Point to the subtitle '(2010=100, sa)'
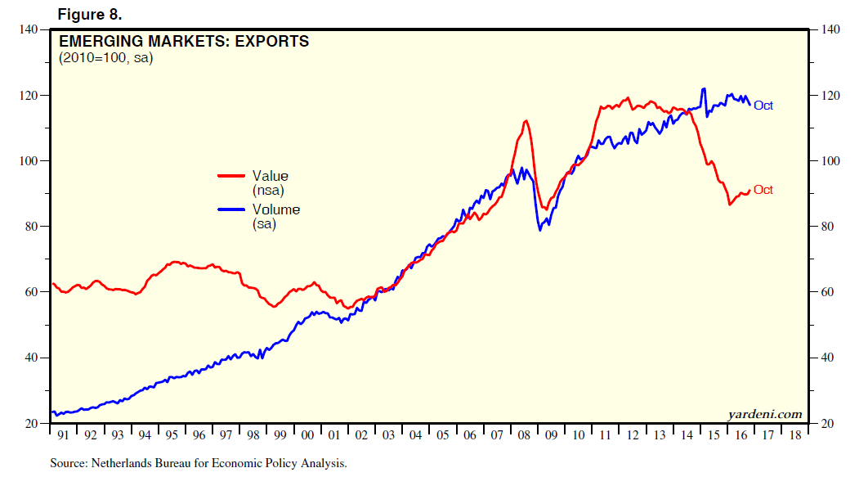pos(105,57)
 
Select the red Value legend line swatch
pos(231,176)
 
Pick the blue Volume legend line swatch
pos(231,209)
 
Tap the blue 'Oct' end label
pos(763,106)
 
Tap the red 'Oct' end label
pos(763,190)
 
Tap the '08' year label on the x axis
pos(523,436)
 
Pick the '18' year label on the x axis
pos(794,436)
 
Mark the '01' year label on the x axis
pos(334,436)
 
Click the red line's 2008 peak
pos(526,121)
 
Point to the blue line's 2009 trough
pos(540,230)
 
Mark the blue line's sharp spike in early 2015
pos(704,88)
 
